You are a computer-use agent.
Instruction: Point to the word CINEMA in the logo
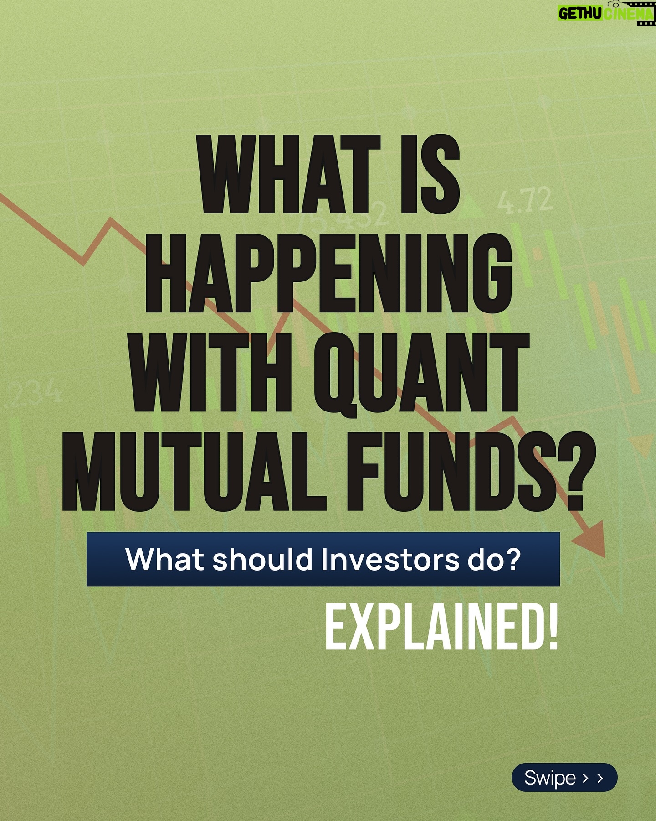pyautogui.click(x=629, y=14)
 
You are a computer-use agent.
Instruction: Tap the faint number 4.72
pyautogui.click(x=525, y=201)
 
